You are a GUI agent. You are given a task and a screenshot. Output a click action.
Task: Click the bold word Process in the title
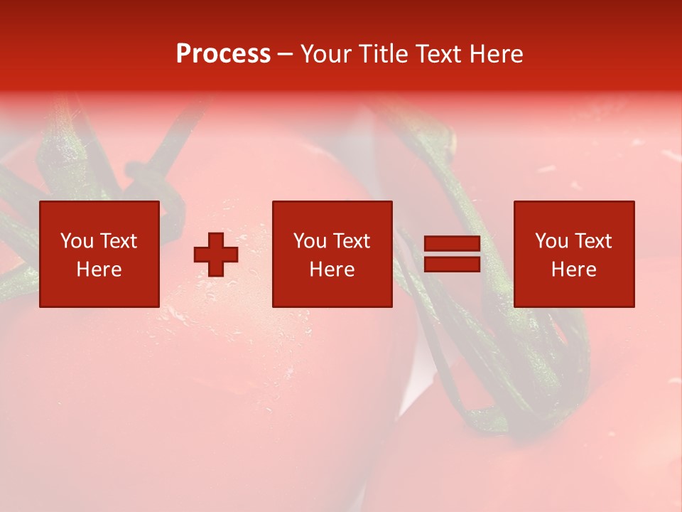tap(223, 54)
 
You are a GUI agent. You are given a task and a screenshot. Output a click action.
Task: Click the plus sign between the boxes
tap(216, 254)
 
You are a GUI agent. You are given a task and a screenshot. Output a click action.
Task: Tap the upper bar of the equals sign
tap(452, 243)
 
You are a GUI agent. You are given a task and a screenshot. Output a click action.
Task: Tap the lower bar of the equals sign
tap(452, 264)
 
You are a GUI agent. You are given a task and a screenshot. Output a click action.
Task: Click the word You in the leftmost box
tap(77, 241)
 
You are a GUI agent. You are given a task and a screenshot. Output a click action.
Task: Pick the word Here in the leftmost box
tap(99, 270)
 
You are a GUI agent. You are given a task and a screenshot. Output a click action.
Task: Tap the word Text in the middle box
tap(351, 241)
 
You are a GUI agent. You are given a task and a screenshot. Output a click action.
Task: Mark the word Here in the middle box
tap(332, 270)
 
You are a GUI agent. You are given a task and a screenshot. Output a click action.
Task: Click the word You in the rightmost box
tap(551, 241)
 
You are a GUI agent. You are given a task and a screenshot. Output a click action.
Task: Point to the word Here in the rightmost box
tap(573, 270)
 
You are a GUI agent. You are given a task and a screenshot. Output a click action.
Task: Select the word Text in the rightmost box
tap(592, 241)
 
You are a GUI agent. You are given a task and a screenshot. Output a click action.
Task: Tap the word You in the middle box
tap(310, 241)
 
